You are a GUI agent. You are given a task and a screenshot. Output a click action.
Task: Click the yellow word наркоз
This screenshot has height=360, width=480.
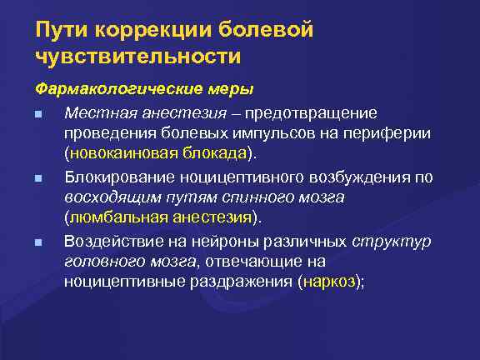(330, 283)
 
